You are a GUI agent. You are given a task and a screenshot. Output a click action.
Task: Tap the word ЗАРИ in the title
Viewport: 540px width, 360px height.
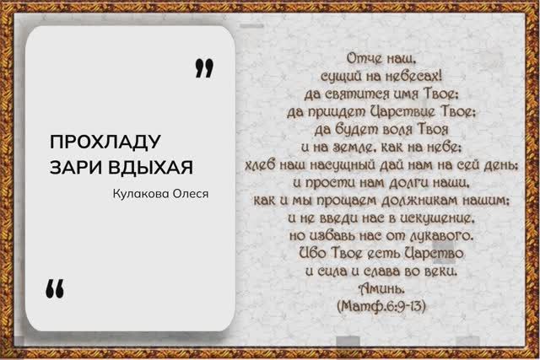coord(72,163)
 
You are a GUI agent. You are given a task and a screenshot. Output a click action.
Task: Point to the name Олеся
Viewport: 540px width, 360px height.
coord(192,194)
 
